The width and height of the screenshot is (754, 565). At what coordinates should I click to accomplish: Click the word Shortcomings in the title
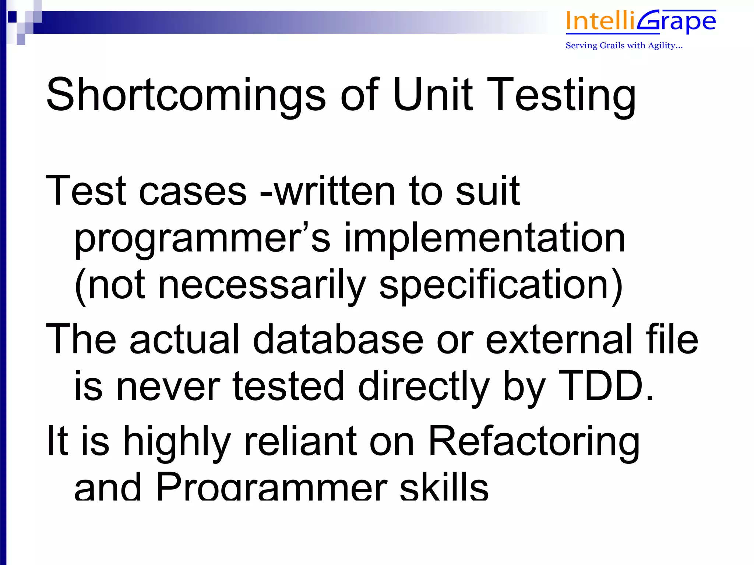pyautogui.click(x=186, y=95)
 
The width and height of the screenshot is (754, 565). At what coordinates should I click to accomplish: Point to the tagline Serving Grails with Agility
pyautogui.click(x=624, y=46)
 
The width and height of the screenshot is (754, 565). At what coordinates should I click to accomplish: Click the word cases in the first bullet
pyautogui.click(x=193, y=191)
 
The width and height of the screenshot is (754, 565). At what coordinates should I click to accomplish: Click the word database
pyautogui.click(x=338, y=339)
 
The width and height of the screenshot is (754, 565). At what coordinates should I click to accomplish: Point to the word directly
pyautogui.click(x=423, y=386)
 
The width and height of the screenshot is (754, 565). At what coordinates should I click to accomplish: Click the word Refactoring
pyautogui.click(x=533, y=441)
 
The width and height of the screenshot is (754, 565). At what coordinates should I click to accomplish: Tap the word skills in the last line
pyautogui.click(x=444, y=487)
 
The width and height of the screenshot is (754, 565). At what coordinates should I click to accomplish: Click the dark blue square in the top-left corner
pyautogui.click(x=12, y=17)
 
